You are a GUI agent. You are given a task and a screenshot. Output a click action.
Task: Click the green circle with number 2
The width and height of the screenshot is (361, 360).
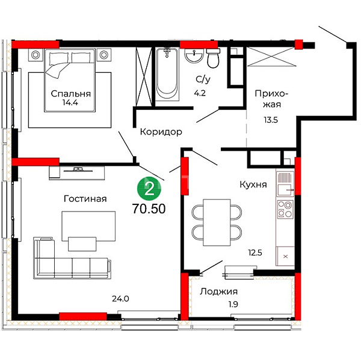point(149,189)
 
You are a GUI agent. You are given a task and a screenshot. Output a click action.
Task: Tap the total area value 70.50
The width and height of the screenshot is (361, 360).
point(149,209)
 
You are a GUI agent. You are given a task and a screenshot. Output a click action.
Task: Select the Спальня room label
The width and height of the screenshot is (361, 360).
point(70,94)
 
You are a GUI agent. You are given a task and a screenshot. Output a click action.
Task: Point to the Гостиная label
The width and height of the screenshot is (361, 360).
point(85,199)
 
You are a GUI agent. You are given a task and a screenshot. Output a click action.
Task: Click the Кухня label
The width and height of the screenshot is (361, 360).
point(253,185)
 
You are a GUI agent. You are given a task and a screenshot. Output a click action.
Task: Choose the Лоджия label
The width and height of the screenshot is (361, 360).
point(218,291)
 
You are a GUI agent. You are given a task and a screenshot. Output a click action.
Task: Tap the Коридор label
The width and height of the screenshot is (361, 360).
point(161,132)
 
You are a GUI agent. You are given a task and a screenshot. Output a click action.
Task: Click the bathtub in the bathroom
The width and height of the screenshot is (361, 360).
point(167,74)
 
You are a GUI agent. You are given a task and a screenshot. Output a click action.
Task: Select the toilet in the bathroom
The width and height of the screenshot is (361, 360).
point(212,58)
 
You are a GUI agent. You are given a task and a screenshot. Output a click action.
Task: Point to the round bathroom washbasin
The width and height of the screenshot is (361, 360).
point(194,55)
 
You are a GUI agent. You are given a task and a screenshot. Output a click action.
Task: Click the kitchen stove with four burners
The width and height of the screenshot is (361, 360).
point(285,209)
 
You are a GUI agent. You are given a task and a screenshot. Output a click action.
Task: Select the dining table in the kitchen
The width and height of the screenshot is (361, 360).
point(217,222)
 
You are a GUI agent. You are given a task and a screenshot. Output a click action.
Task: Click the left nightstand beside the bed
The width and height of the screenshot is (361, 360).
point(35,55)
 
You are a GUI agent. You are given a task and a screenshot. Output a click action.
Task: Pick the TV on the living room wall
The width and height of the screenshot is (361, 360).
point(78,169)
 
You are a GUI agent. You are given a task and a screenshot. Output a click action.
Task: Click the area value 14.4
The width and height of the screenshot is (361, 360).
point(70,103)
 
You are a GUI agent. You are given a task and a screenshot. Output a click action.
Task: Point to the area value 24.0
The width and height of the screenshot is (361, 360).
point(120,299)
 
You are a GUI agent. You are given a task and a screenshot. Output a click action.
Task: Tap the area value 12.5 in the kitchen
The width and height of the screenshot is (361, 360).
point(255,253)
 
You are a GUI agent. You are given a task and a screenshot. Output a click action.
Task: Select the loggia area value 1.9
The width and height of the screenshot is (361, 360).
point(233,304)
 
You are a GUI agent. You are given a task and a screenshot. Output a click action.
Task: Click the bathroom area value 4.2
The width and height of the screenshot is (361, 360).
point(200,93)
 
